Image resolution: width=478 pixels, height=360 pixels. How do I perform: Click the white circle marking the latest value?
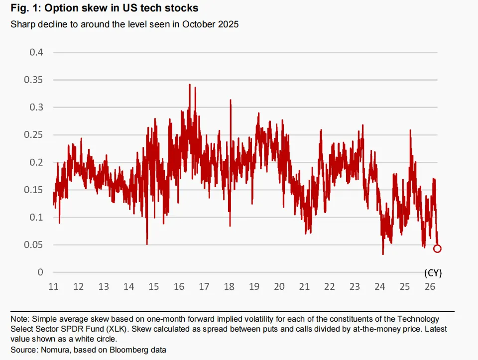click(437, 249)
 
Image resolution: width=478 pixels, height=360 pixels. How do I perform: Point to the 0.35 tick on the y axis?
click(33, 80)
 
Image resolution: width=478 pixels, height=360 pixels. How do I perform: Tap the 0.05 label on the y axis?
click(33, 245)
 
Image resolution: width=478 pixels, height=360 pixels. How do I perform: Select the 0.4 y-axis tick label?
click(36, 52)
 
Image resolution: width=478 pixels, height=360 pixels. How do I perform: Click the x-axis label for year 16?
click(179, 286)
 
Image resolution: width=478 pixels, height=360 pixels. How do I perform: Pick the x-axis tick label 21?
click(304, 286)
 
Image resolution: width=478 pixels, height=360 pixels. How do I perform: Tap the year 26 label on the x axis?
click(430, 286)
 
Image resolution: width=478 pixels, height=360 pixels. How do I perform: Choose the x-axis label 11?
click(53, 286)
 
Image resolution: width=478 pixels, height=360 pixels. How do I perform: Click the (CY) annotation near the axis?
click(433, 273)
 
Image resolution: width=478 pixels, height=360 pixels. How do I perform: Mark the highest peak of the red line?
click(190, 85)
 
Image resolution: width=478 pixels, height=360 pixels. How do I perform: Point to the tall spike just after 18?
click(231, 100)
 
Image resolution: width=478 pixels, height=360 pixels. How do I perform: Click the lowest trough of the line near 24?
click(383, 253)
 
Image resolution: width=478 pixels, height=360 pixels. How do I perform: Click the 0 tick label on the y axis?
click(40, 272)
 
